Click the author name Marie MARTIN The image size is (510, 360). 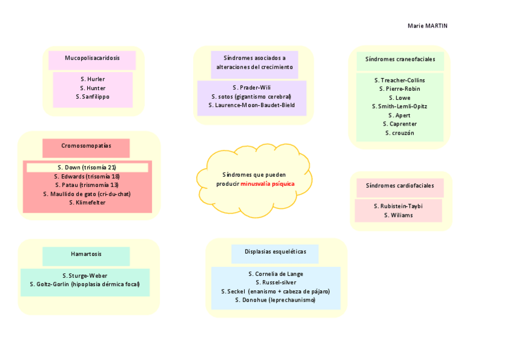point(427,26)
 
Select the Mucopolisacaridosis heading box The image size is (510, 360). point(93,58)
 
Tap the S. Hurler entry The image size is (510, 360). point(93,79)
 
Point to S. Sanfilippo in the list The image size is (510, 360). point(93,96)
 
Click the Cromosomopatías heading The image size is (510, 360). point(86,146)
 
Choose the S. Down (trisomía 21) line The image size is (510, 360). point(87,167)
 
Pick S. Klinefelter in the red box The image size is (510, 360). point(87,203)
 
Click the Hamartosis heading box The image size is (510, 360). point(86,254)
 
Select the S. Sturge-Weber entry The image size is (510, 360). point(85,275)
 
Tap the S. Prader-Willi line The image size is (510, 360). point(251,88)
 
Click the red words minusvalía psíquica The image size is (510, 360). point(268,183)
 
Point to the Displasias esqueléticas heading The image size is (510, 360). point(275,252)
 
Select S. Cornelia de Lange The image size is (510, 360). point(275,273)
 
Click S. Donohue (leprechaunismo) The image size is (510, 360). point(275,299)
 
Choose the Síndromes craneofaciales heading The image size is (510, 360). point(400,59)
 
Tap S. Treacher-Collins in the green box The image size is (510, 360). point(399,80)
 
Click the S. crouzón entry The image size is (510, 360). point(399,133)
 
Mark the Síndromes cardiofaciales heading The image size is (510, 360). point(399,186)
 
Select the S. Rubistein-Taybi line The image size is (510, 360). point(398,206)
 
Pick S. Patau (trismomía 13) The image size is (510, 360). point(87,185)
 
